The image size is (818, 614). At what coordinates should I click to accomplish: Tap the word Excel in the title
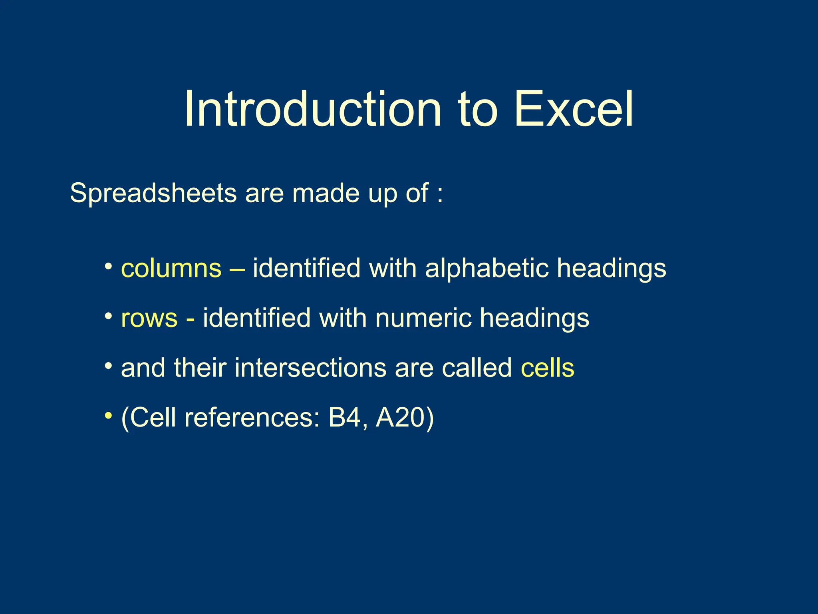click(x=574, y=109)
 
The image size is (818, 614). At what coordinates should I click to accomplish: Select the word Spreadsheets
click(x=153, y=194)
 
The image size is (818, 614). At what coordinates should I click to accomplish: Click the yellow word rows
click(x=149, y=318)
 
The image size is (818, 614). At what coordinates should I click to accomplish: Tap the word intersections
click(x=310, y=368)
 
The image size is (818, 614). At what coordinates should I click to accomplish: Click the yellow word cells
click(x=547, y=368)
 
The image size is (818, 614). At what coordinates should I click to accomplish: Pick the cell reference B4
click(x=344, y=418)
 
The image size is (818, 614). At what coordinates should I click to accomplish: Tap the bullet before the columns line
click(x=108, y=266)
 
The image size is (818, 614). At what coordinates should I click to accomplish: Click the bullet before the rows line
click(x=108, y=317)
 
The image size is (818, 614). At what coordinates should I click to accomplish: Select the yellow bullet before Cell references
click(x=108, y=416)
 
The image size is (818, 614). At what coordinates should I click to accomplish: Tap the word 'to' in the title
click(x=478, y=109)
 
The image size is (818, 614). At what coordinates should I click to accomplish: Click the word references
click(x=252, y=418)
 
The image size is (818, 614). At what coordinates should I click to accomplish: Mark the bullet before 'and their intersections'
click(x=108, y=366)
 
